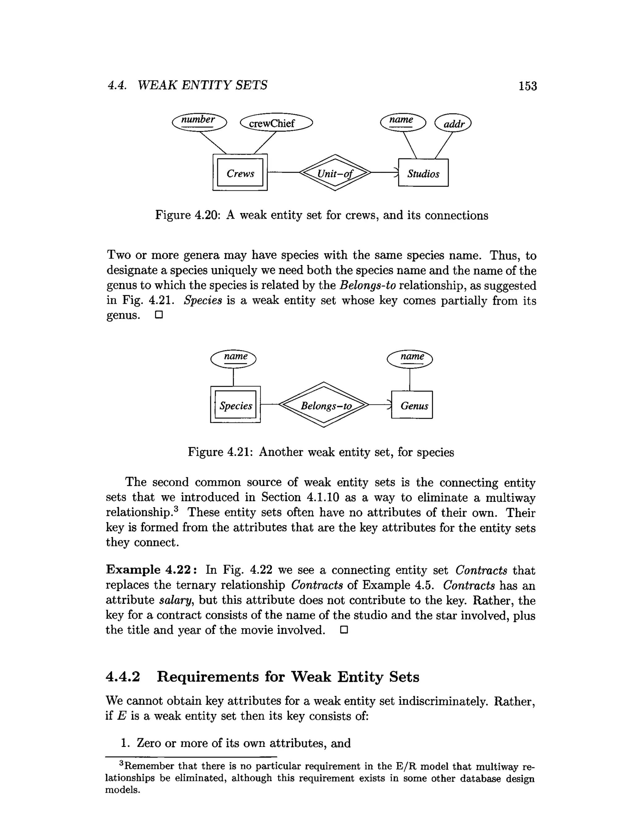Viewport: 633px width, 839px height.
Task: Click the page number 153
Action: tap(528, 86)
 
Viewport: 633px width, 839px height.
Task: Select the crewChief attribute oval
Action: tap(276, 123)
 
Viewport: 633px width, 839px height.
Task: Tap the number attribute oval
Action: tap(199, 122)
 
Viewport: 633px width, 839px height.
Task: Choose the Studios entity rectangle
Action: tap(423, 173)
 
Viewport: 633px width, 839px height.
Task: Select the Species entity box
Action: tap(236, 405)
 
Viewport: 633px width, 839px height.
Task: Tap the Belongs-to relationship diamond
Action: tap(324, 405)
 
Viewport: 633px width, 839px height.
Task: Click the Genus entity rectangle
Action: tap(412, 405)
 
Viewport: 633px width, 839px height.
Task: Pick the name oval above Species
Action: tap(233, 358)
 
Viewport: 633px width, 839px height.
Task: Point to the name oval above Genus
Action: tap(410, 358)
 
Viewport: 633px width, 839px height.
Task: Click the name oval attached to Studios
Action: tap(402, 122)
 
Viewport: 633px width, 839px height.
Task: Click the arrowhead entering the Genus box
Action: tap(389, 405)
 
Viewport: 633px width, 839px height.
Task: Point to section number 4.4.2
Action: tap(123, 677)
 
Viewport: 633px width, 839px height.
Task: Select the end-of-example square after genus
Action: tap(159, 315)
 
